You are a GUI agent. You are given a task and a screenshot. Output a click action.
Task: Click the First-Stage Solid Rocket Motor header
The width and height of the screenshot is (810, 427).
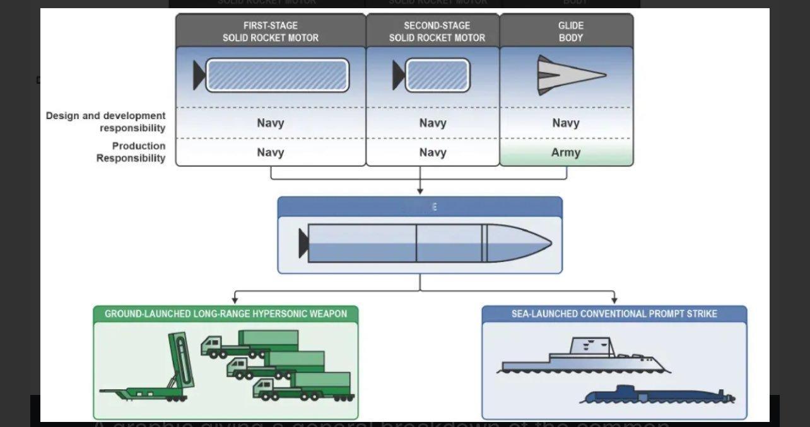271,31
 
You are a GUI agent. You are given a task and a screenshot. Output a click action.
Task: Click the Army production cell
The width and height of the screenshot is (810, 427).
566,152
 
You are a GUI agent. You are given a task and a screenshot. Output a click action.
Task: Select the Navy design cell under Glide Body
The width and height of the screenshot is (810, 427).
566,123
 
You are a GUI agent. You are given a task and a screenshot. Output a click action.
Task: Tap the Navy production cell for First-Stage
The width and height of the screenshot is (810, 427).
271,152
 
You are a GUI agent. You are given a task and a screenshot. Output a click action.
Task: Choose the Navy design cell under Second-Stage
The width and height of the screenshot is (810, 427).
433,123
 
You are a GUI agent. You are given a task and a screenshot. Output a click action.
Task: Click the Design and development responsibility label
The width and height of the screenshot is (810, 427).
105,122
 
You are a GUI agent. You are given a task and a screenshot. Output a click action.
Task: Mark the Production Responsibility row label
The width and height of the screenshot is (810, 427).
131,152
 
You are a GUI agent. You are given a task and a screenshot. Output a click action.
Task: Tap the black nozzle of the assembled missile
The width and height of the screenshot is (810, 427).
303,243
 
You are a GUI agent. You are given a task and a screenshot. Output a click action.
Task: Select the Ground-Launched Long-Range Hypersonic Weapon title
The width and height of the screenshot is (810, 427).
226,314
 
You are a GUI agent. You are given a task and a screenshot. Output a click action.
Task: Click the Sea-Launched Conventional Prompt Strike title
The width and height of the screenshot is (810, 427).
614,314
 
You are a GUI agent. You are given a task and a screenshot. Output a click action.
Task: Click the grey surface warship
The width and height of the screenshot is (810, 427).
584,359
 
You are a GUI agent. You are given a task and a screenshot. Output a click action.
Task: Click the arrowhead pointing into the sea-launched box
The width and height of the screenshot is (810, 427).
614,300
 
